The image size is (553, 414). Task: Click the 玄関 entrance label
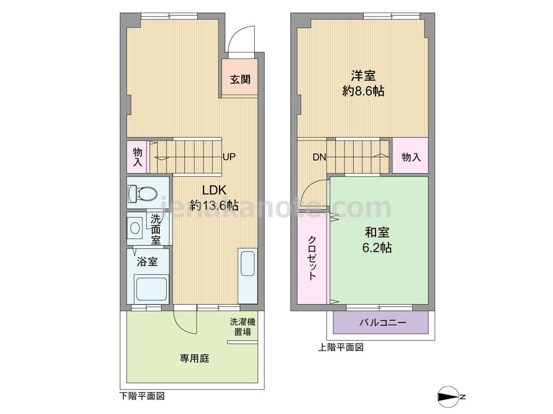point(240,79)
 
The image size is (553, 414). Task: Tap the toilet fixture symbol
point(143,194)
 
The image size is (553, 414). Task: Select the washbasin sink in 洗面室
point(135,227)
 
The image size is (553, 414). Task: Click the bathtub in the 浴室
point(151,289)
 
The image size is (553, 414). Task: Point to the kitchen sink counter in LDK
point(247,275)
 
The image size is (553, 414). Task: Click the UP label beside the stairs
point(229,157)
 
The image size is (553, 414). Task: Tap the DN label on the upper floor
point(319,157)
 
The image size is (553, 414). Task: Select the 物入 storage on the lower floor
point(138,156)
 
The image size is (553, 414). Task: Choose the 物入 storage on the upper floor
point(411,157)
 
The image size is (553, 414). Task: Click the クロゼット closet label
point(312,258)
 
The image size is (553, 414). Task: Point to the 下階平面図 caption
point(142,396)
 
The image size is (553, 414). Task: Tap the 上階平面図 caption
point(341,348)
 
